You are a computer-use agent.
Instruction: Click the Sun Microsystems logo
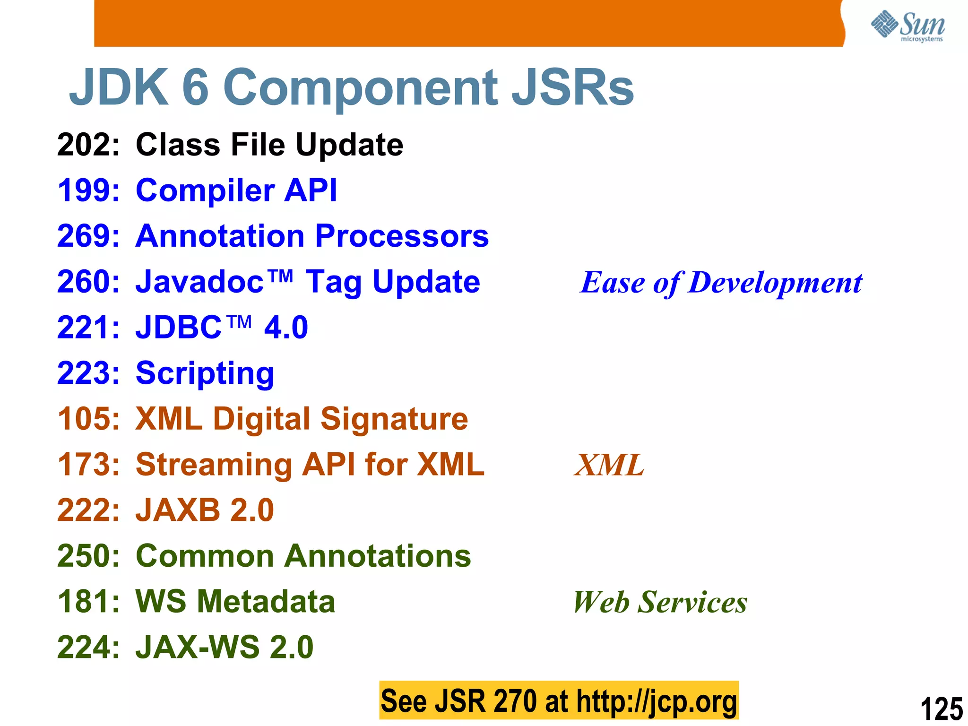[907, 26]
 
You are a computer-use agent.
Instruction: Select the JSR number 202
[88, 145]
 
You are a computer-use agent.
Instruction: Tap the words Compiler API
[236, 190]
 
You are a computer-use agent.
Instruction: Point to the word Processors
[402, 236]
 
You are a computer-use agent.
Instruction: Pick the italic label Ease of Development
[721, 283]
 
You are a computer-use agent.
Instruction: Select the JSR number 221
[88, 328]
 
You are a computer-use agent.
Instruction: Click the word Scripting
[205, 373]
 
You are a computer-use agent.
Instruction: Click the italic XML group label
[609, 465]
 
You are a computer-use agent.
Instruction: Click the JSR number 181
[88, 602]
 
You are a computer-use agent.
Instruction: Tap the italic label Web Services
[660, 602]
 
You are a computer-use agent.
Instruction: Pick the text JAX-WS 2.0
[225, 648]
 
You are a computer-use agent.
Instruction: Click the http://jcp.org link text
[657, 701]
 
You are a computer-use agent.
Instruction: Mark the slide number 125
[941, 709]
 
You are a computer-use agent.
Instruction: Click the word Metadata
[266, 602]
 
